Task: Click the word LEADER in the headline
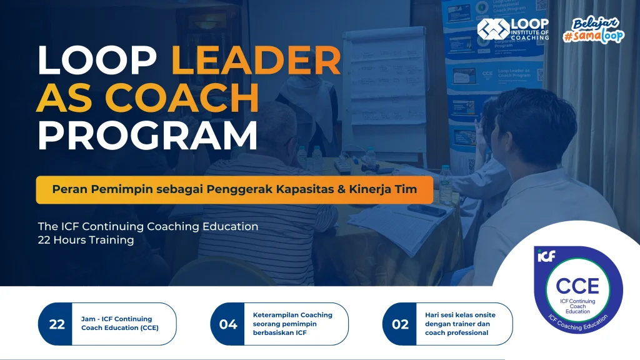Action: click(x=256, y=61)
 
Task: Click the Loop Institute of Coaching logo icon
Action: click(x=492, y=29)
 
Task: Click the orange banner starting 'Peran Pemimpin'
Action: click(x=234, y=189)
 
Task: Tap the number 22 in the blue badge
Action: click(x=57, y=324)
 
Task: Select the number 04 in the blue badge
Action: click(x=228, y=324)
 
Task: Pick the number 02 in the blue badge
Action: click(x=400, y=324)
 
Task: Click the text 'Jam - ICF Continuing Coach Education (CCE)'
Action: click(x=119, y=323)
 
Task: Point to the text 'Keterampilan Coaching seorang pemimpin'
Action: click(x=292, y=319)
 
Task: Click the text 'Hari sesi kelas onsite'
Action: click(x=459, y=315)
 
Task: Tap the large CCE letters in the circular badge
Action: click(x=577, y=286)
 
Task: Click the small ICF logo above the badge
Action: click(x=546, y=256)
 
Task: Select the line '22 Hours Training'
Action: click(x=86, y=240)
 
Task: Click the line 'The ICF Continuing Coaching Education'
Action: click(x=147, y=226)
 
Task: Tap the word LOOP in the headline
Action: click(x=100, y=61)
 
